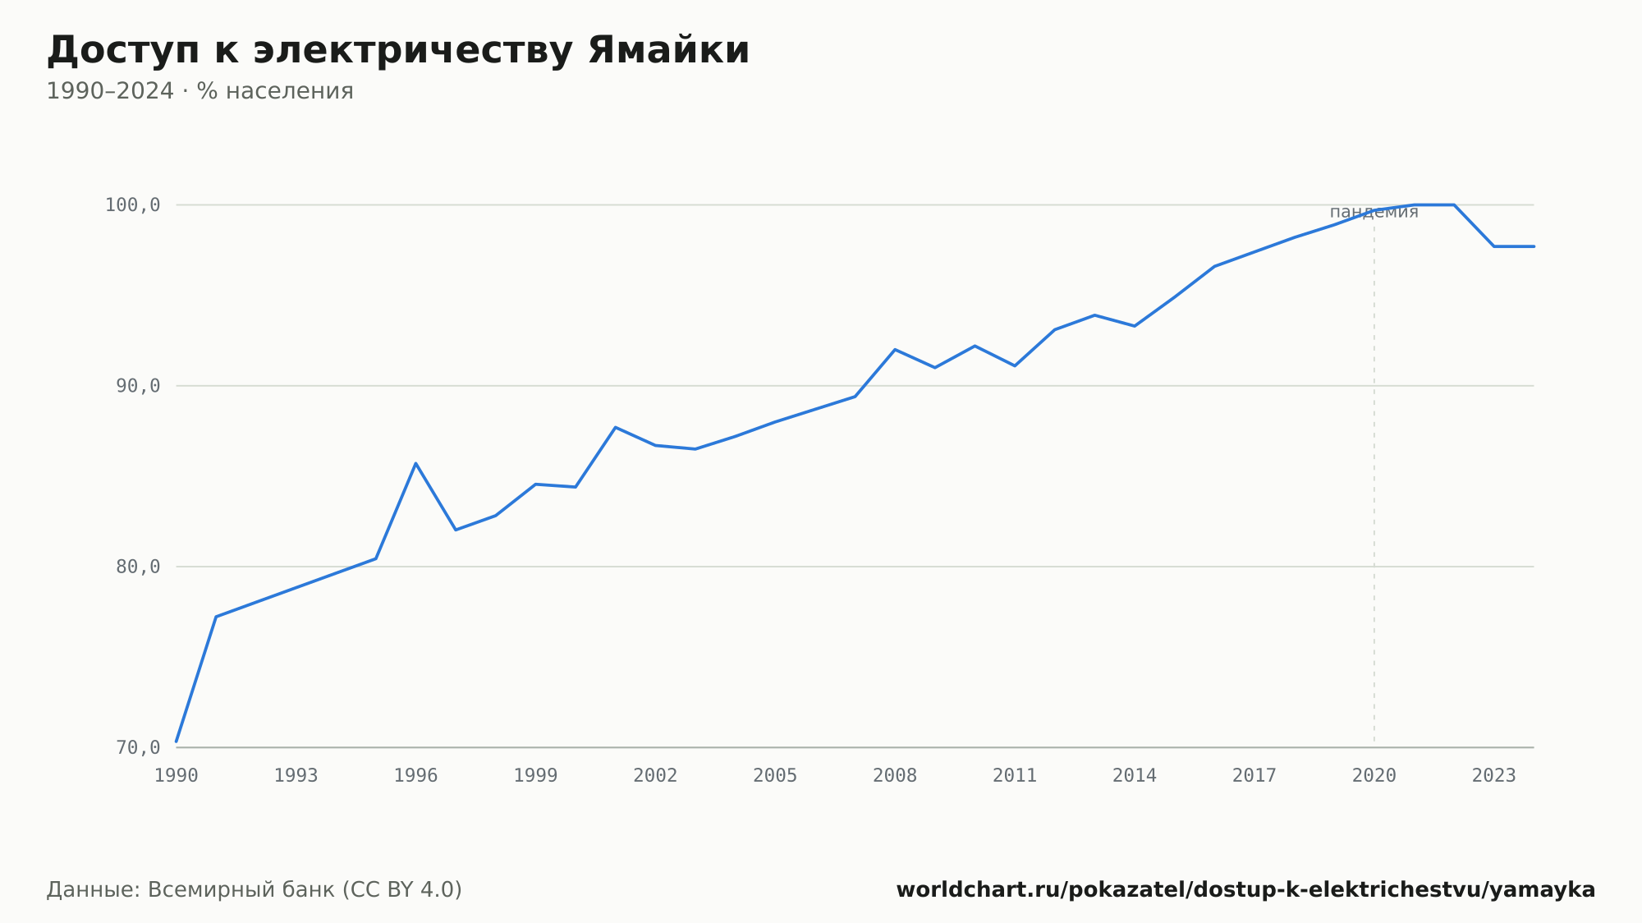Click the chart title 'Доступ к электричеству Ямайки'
click(x=398, y=51)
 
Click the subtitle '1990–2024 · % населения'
click(x=200, y=91)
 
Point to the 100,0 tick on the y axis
click(x=132, y=205)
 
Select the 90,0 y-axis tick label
click(x=138, y=386)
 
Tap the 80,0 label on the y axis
click(x=138, y=567)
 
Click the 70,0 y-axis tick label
click(x=138, y=747)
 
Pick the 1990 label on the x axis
click(x=177, y=776)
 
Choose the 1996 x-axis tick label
click(x=416, y=776)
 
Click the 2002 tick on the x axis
click(x=655, y=776)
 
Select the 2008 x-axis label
click(x=895, y=776)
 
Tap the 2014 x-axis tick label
click(x=1135, y=776)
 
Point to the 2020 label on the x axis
click(x=1374, y=776)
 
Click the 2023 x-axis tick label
click(x=1494, y=776)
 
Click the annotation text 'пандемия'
click(x=1374, y=212)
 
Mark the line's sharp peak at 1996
click(x=415, y=463)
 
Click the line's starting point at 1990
click(x=177, y=742)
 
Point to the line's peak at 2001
click(x=615, y=427)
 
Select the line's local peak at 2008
click(x=895, y=349)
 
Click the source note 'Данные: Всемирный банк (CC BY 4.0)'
click(x=255, y=890)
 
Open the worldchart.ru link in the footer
click(x=1245, y=890)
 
